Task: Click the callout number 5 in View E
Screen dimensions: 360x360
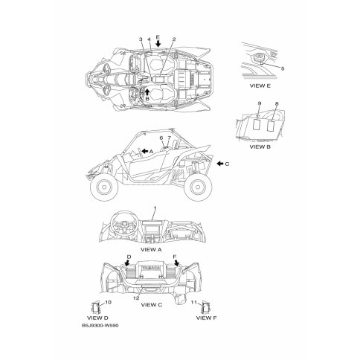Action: coord(283,68)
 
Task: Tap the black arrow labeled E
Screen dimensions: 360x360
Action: coord(158,44)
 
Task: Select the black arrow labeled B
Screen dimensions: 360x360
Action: coord(147,92)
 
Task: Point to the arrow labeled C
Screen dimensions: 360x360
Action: coord(219,164)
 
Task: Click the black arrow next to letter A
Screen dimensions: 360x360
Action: coord(144,151)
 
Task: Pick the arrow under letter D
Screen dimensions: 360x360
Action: coord(128,263)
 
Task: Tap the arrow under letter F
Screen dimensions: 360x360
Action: coord(176,263)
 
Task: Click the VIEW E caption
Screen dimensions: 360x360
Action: coord(260,86)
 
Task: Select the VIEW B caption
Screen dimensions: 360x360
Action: coord(260,147)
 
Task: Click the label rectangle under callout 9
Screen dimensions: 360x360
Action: coord(257,124)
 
